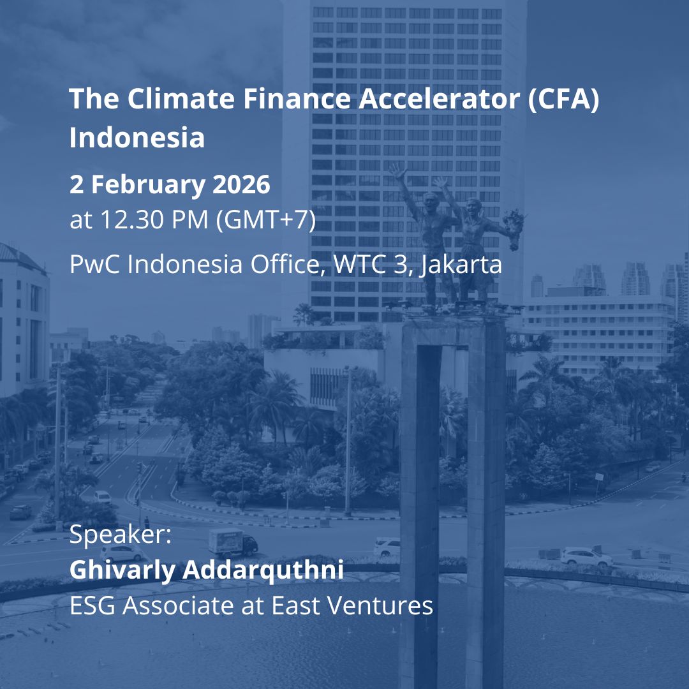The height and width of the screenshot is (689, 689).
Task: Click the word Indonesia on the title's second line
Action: (x=137, y=138)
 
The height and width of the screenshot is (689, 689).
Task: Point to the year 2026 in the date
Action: (x=241, y=185)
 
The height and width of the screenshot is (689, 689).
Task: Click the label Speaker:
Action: (x=121, y=535)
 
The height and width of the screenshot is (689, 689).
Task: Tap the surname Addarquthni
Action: (x=263, y=570)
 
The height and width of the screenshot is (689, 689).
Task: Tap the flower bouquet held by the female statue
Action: (x=515, y=221)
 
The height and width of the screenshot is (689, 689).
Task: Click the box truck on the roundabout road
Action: (x=232, y=543)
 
